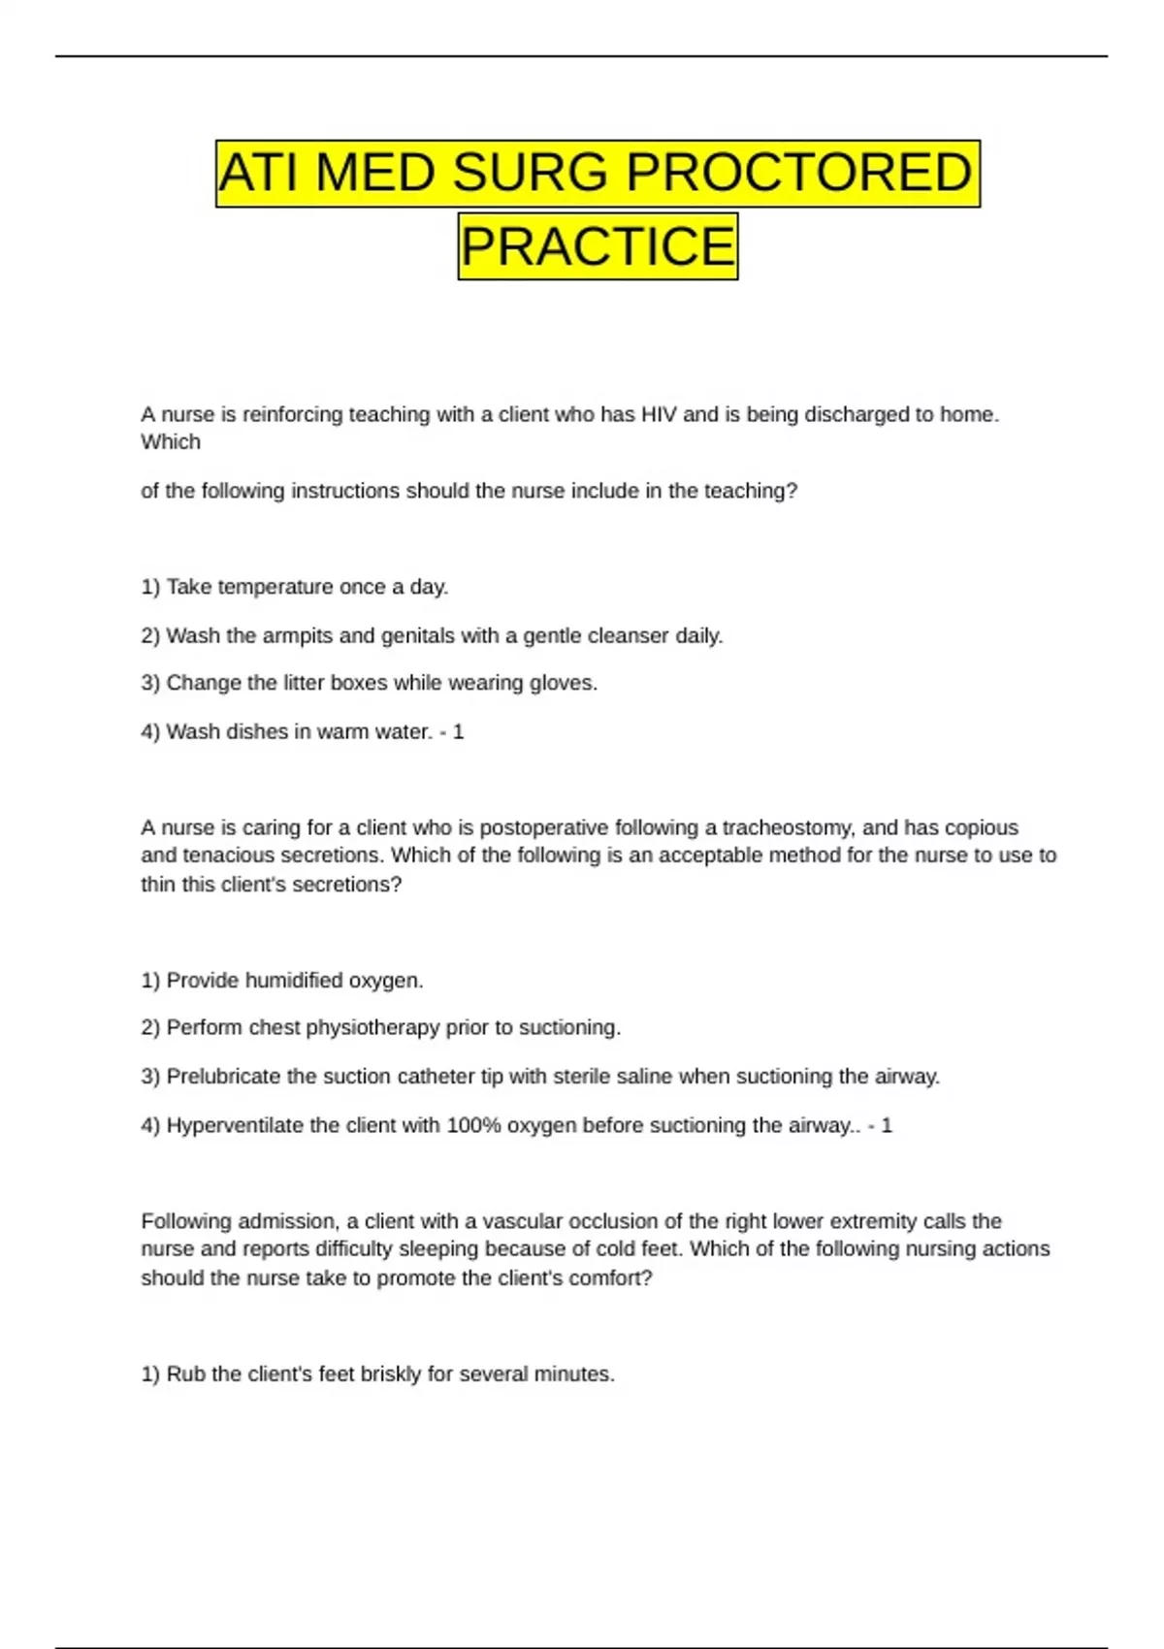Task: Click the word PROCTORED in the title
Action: coord(797,173)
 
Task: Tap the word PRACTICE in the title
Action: coord(598,245)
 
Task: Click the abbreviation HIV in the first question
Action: coord(659,414)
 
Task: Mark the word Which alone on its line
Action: coord(171,442)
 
